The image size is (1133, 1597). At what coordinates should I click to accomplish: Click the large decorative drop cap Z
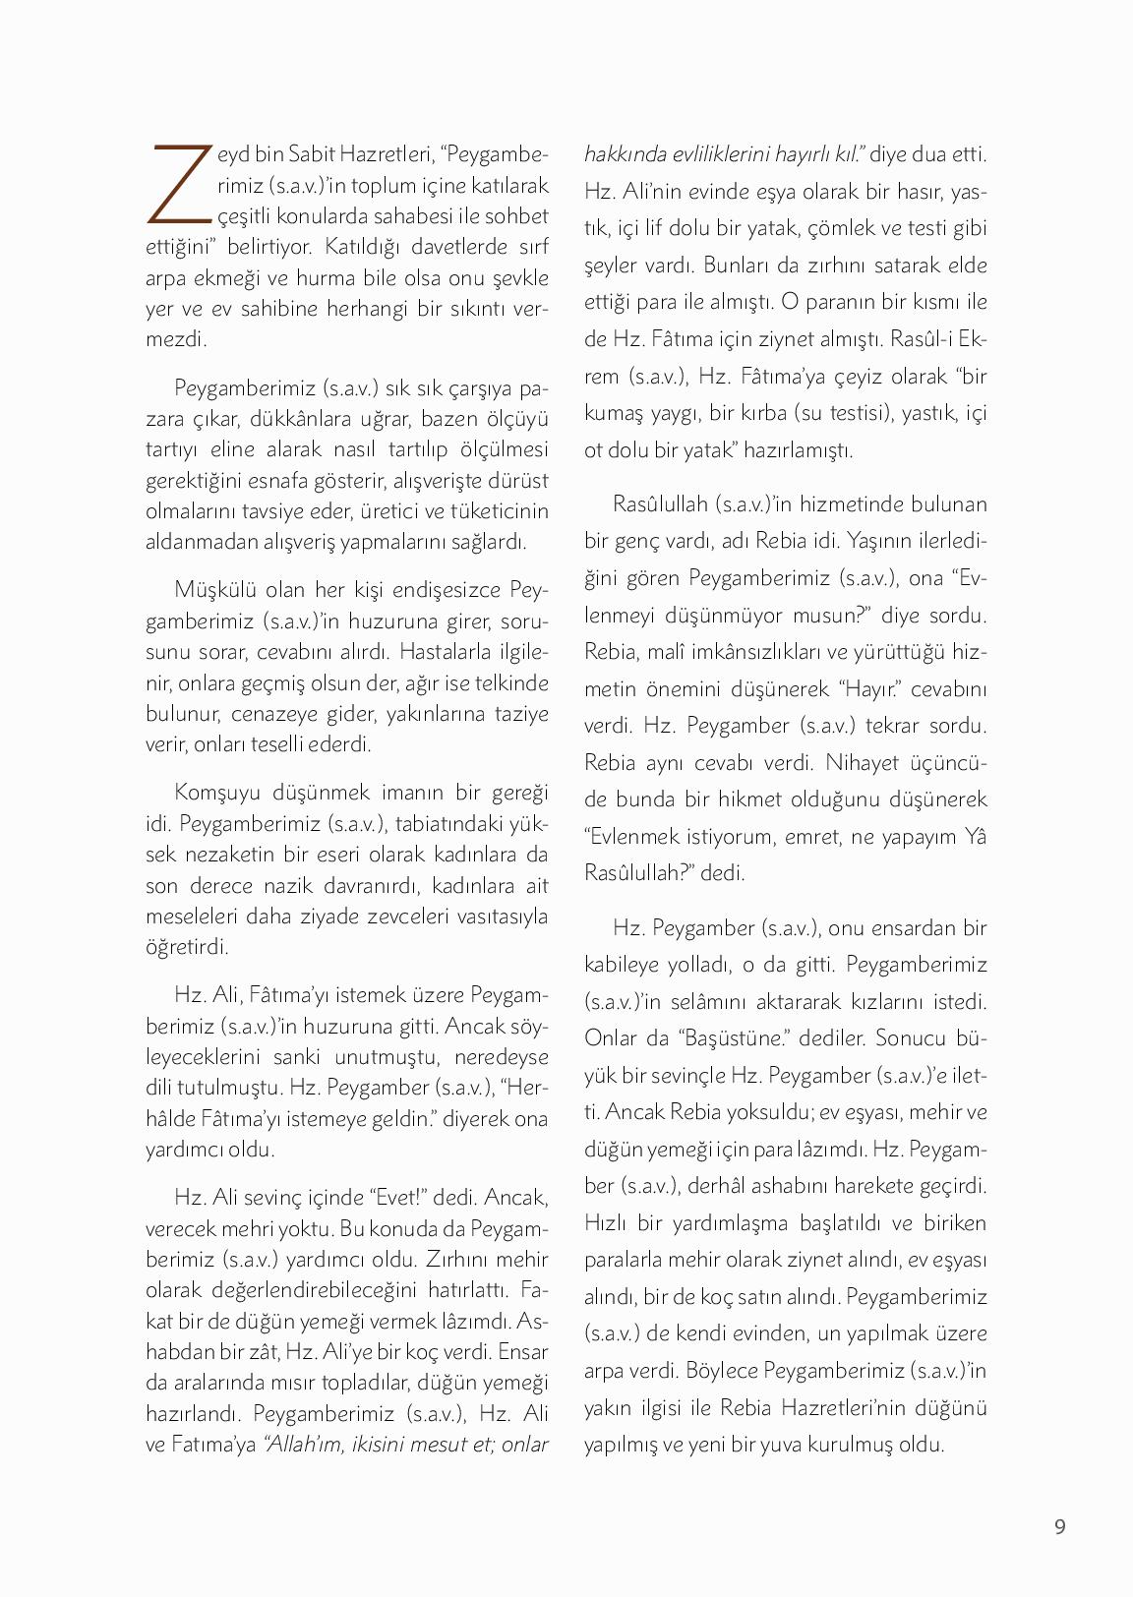pyautogui.click(x=179, y=183)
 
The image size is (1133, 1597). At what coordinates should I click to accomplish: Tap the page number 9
pyautogui.click(x=1059, y=1526)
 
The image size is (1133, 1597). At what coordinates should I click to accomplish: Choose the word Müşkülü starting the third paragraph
pyautogui.click(x=210, y=589)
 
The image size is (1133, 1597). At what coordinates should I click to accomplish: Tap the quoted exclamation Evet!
pyautogui.click(x=397, y=1197)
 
